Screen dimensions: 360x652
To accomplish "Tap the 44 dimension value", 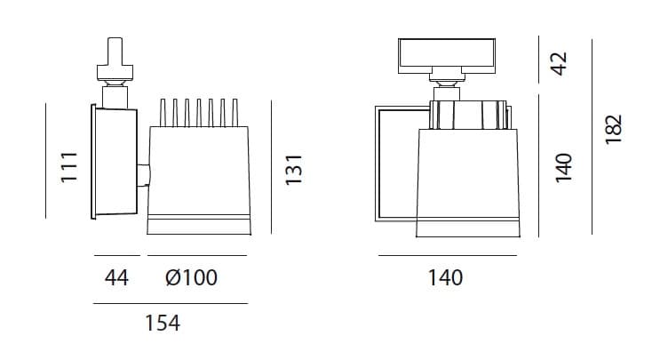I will coord(115,278).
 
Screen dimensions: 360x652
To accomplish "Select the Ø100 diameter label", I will coord(191,278).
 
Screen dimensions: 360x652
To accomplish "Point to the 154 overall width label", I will coord(162,324).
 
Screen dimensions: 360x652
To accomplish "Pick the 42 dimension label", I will coord(559,63).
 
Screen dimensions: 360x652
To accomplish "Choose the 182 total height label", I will coord(614,132).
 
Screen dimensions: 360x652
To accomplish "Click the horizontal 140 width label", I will coord(445,278).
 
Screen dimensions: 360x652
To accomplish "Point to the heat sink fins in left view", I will coord(199,112).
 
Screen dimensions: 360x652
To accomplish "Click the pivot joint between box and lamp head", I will coord(142,174).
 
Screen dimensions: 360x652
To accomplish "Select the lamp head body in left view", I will coord(199,178).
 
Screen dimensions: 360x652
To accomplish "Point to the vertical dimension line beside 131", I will coord(271,166).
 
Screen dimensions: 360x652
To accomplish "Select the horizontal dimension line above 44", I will coord(115,257).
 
